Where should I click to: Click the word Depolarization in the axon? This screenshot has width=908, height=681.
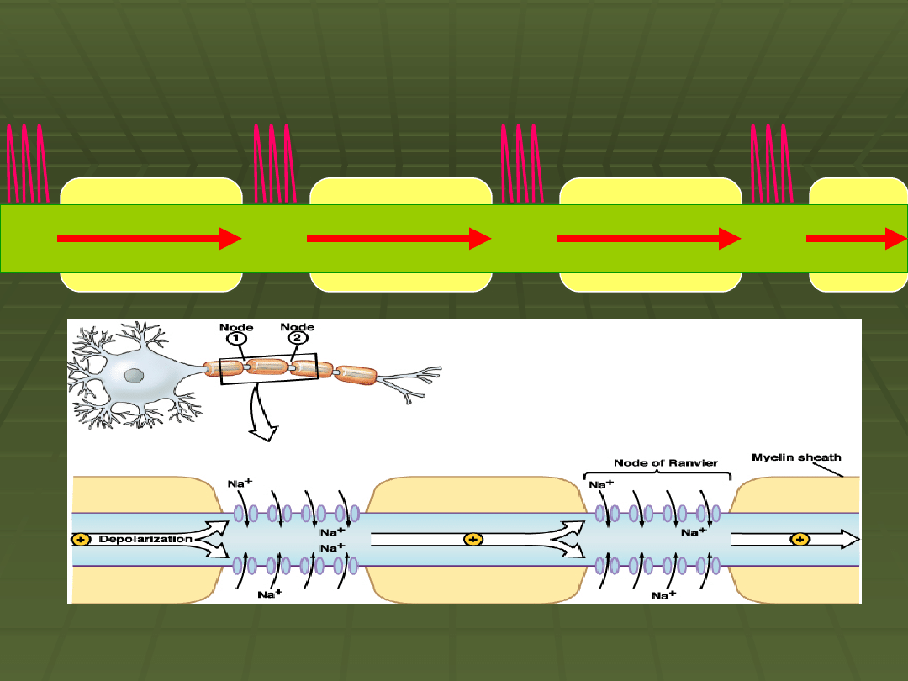(145, 539)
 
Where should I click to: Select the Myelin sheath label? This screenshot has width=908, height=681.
(795, 458)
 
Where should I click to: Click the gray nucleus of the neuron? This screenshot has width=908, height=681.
(132, 375)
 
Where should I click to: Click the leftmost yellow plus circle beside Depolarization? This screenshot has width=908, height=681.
(81, 539)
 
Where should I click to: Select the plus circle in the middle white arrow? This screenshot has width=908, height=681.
(473, 539)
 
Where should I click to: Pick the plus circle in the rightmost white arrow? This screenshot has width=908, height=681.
(800, 539)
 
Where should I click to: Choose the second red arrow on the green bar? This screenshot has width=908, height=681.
(399, 239)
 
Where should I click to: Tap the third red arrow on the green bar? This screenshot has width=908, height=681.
(648, 239)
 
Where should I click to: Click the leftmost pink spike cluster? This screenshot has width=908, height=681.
(26, 164)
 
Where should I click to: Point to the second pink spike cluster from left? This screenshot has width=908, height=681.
(273, 164)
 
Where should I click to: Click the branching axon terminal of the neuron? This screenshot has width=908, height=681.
(412, 378)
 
